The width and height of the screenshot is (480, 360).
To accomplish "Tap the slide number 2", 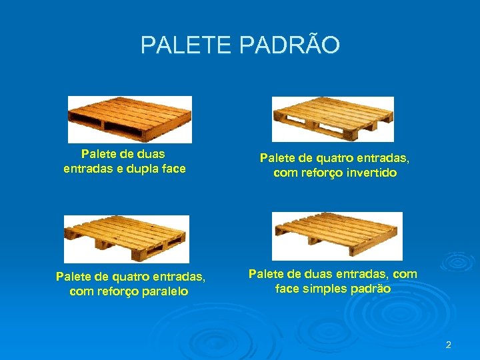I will (448, 345).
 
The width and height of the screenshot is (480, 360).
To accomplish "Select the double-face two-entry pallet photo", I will (130, 119).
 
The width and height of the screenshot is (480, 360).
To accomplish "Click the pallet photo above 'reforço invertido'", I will (333, 119).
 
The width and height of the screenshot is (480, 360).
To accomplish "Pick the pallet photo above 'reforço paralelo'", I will (127, 239).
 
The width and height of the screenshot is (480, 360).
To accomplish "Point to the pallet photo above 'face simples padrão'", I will (337, 236).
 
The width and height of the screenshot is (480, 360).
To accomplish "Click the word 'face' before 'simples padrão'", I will (287, 289).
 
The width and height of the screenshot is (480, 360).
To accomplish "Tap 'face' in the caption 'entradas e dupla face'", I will (173, 169).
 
